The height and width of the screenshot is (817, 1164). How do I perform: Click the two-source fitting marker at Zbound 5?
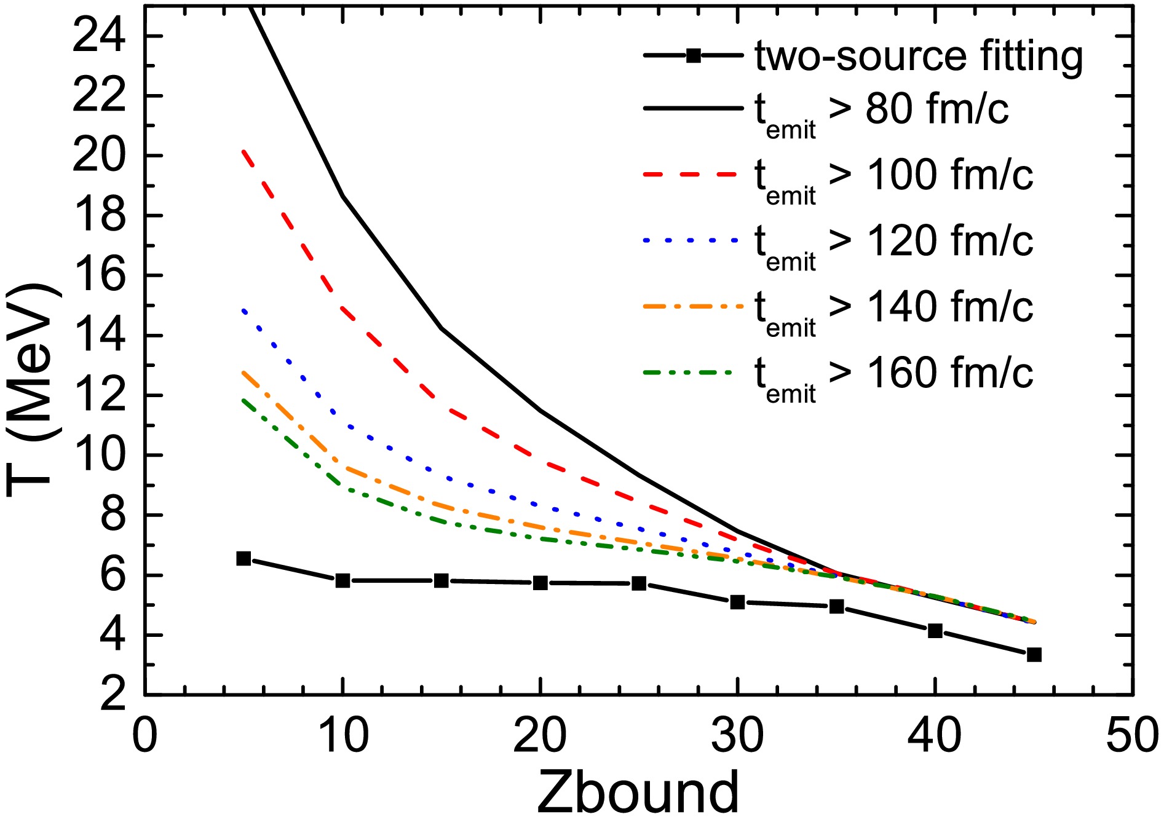[x=243, y=559]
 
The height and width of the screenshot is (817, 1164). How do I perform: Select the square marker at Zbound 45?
[x=1034, y=655]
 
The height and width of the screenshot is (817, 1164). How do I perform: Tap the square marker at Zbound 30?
[x=738, y=602]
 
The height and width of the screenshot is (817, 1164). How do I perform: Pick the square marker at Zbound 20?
[x=540, y=583]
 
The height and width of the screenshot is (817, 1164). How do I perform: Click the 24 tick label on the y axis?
[x=98, y=37]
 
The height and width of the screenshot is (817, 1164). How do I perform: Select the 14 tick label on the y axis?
[x=98, y=336]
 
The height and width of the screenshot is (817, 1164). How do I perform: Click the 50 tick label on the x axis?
[x=1132, y=735]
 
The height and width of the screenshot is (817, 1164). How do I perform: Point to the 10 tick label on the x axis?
[x=343, y=735]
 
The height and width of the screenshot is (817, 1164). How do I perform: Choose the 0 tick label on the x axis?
[x=145, y=735]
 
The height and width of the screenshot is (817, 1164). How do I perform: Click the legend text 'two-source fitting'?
[x=919, y=57]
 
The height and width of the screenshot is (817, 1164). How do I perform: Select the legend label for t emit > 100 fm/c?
[x=893, y=178]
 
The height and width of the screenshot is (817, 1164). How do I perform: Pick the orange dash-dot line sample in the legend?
[x=691, y=306]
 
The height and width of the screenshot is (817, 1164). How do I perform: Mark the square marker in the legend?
[x=694, y=56]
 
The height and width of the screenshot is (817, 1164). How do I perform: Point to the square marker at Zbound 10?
[x=343, y=580]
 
